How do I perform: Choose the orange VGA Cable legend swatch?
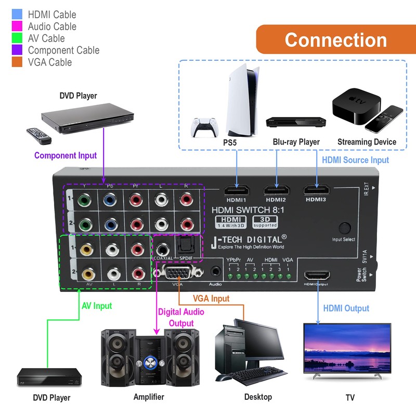[x=17, y=62]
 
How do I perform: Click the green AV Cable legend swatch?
[x=17, y=38]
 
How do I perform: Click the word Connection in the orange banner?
[x=335, y=40]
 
